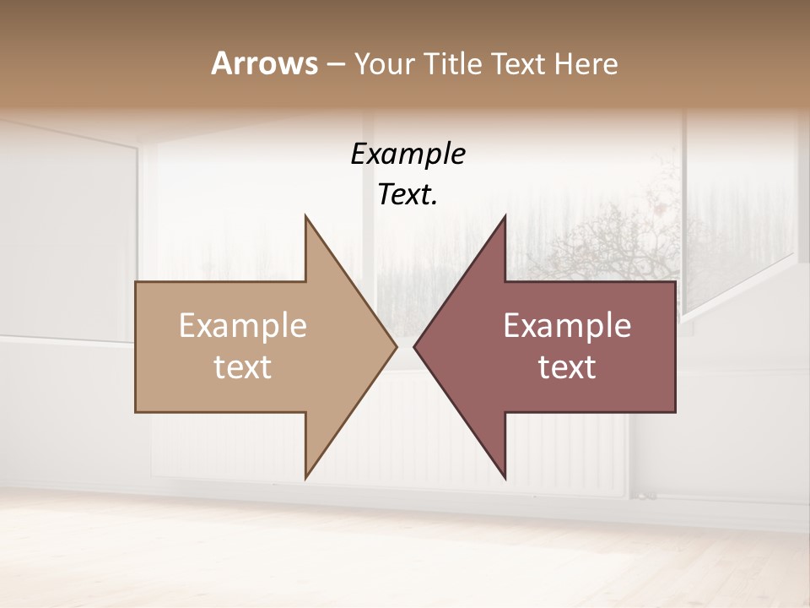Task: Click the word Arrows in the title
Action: tap(263, 63)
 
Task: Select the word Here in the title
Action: tap(587, 63)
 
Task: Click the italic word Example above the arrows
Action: tap(408, 155)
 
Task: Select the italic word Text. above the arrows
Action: tap(408, 195)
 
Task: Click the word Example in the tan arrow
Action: tap(242, 326)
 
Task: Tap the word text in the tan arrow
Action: tap(242, 367)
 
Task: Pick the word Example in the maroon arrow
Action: tap(567, 326)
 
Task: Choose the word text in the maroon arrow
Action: tap(567, 367)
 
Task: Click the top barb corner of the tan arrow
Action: tap(306, 217)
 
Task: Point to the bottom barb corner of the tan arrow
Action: tap(306, 477)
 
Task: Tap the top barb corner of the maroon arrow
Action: tap(505, 217)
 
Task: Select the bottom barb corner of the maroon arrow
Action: tap(505, 477)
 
